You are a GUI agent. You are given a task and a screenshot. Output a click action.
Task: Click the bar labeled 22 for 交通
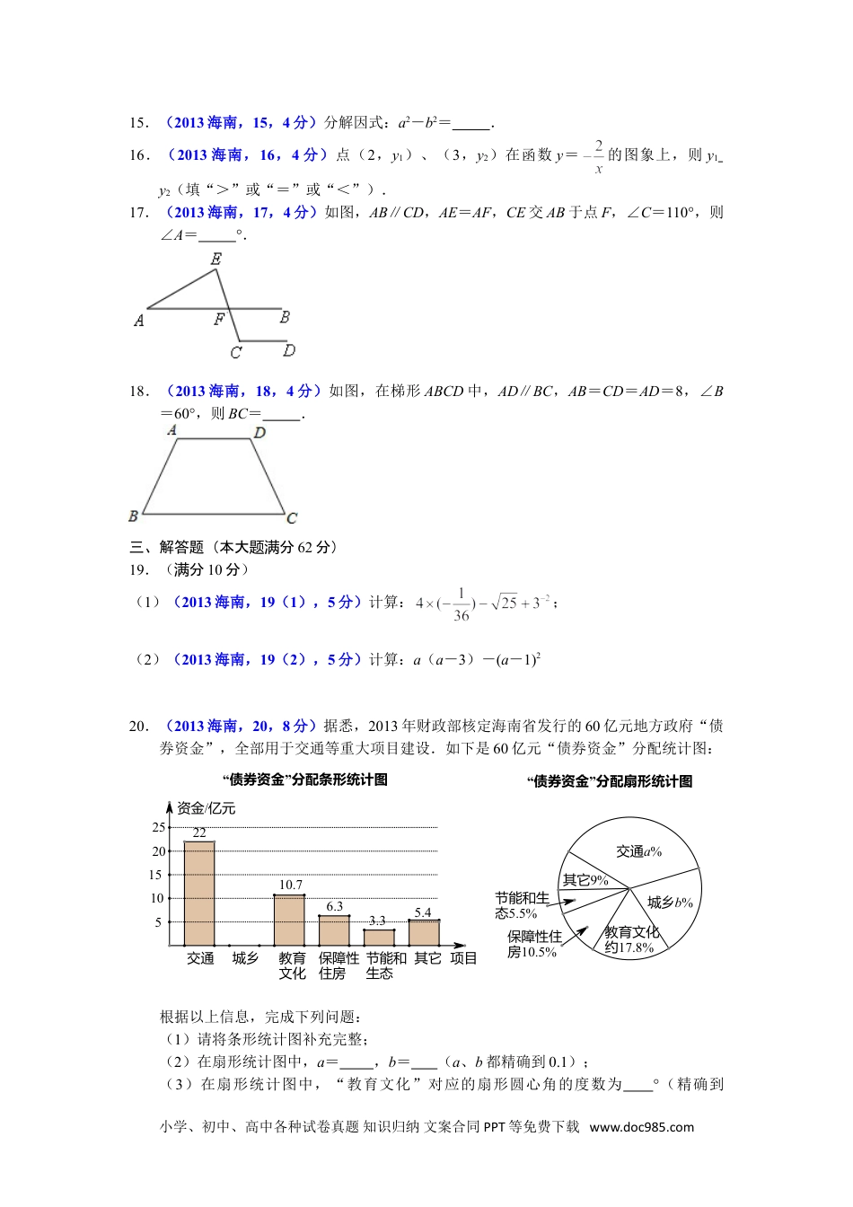(199, 894)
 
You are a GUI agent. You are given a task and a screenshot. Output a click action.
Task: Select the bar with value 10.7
(289, 920)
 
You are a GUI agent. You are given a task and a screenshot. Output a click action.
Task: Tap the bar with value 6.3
(334, 930)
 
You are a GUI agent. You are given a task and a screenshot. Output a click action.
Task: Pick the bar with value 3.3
(379, 937)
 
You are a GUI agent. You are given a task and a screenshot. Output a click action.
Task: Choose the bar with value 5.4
(424, 932)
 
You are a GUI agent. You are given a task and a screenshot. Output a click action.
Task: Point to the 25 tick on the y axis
(158, 827)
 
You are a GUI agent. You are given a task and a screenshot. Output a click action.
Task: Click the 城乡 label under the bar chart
(245, 958)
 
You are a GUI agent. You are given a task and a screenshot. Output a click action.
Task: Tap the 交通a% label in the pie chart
(638, 851)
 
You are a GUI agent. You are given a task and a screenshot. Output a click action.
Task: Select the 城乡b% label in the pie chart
(670, 903)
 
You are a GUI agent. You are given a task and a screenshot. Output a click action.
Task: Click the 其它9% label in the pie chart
(585, 880)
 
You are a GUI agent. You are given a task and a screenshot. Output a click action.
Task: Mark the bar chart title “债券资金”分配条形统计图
(305, 780)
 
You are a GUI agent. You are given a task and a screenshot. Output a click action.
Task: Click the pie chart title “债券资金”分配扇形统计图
(610, 781)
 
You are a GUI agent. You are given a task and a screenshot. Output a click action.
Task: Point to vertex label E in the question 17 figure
(215, 260)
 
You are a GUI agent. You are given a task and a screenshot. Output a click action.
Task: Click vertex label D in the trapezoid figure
(259, 433)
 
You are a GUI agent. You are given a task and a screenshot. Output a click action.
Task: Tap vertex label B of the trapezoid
(134, 515)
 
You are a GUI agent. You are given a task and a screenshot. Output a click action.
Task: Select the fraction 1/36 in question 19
(461, 604)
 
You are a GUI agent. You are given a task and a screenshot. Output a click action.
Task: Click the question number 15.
(138, 123)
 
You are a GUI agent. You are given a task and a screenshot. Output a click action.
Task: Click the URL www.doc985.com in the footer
(641, 1127)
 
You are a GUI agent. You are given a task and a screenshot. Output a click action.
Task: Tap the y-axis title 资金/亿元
(207, 808)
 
